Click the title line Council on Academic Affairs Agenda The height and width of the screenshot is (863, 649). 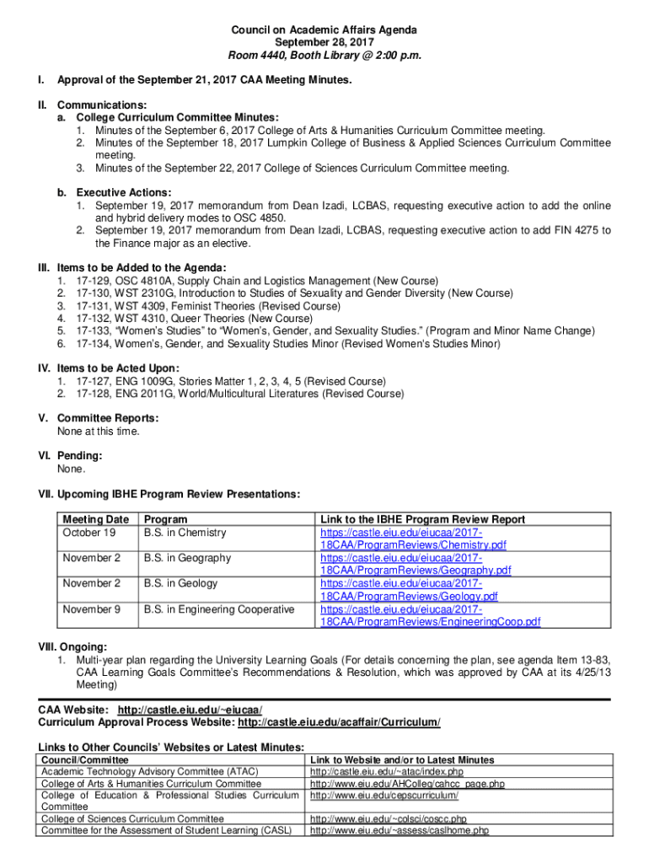tap(324, 30)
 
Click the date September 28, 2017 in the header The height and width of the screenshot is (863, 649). tap(324, 43)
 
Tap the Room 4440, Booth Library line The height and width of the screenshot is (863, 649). tap(324, 56)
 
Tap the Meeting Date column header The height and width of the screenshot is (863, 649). tap(95, 519)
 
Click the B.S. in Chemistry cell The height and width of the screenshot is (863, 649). tap(185, 533)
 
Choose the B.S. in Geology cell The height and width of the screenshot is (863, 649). tap(180, 583)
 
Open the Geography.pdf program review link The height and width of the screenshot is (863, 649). tap(416, 571)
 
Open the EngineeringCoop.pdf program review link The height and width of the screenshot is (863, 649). tap(430, 622)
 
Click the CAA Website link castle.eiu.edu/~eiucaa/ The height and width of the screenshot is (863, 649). tap(196, 710)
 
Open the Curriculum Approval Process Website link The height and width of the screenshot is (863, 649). tap(339, 723)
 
